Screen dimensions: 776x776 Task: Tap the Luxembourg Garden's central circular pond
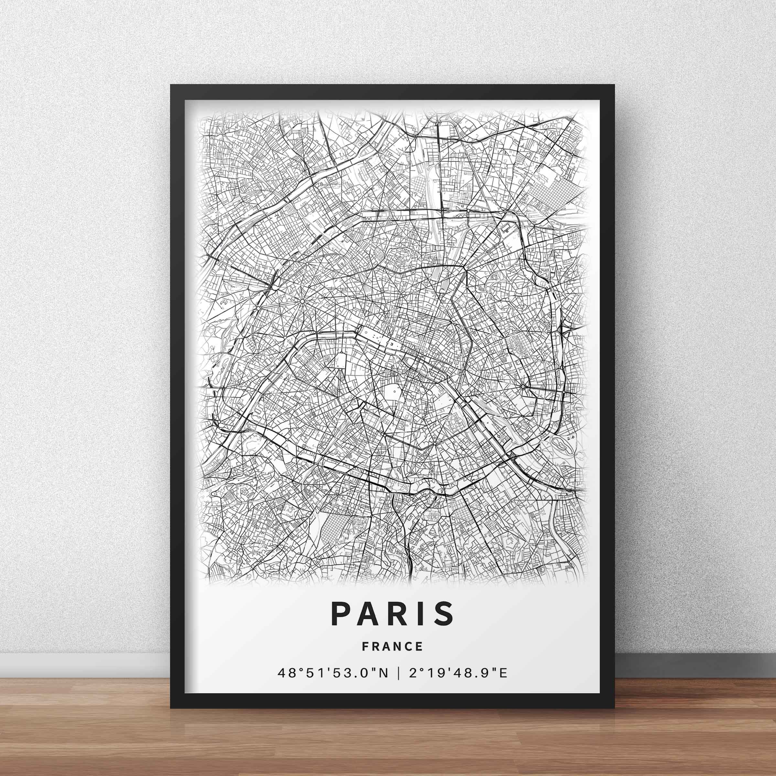[394, 390]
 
